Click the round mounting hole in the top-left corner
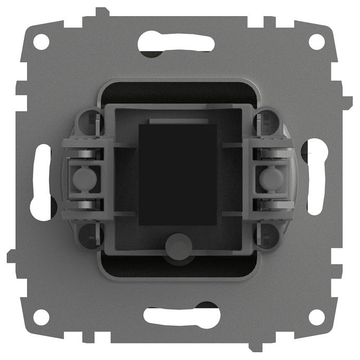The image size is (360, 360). tap(41, 41)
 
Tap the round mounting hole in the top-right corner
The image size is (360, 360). tap(316, 41)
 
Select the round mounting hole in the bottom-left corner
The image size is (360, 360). tap(41, 316)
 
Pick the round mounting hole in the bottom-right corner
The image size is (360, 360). tap(316, 316)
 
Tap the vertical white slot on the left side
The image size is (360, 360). tap(41, 179)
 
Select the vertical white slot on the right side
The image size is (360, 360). tap(316, 179)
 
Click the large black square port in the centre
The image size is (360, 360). tap(178, 174)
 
